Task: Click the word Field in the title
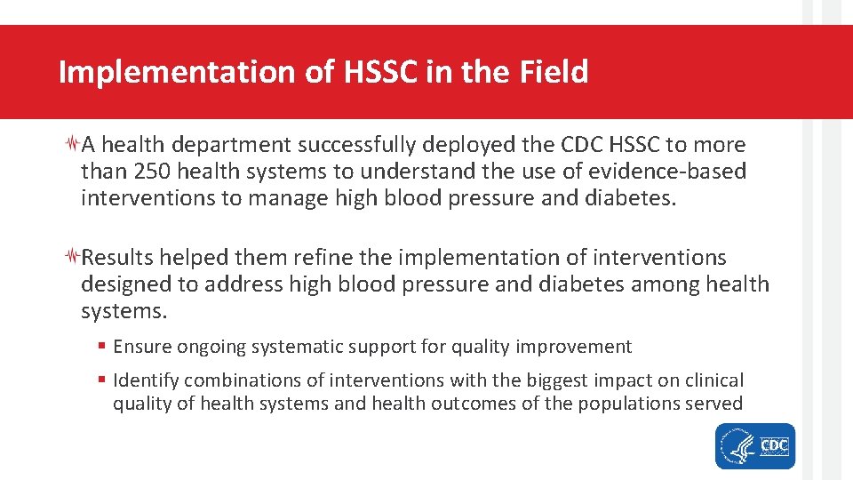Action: pyautogui.click(x=553, y=72)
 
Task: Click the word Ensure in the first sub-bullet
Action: pyautogui.click(x=142, y=346)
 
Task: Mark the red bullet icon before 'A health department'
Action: pyautogui.click(x=74, y=145)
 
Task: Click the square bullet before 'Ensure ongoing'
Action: pyautogui.click(x=103, y=347)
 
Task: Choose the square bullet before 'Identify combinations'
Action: pyautogui.click(x=103, y=380)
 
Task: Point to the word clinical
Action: pyautogui.click(x=714, y=380)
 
